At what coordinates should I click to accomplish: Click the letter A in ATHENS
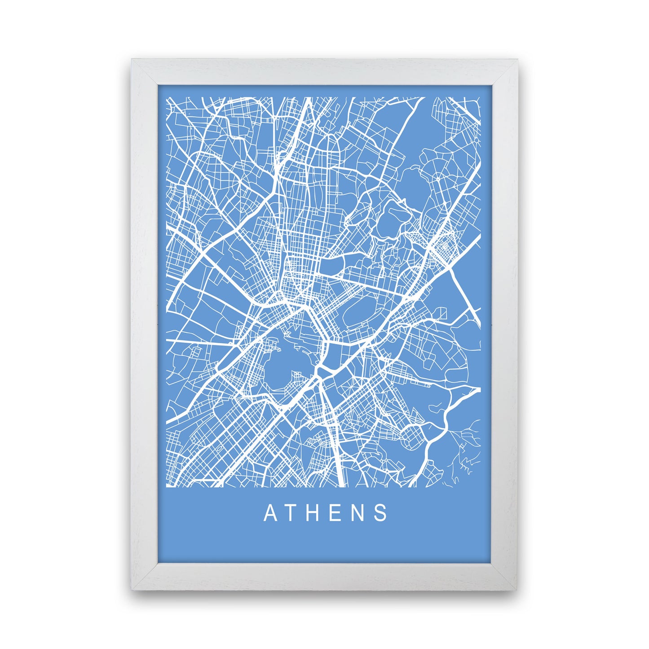pos(270,513)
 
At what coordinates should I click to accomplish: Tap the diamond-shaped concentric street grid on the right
pos(446,245)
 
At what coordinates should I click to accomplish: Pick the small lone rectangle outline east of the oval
pos(442,313)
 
